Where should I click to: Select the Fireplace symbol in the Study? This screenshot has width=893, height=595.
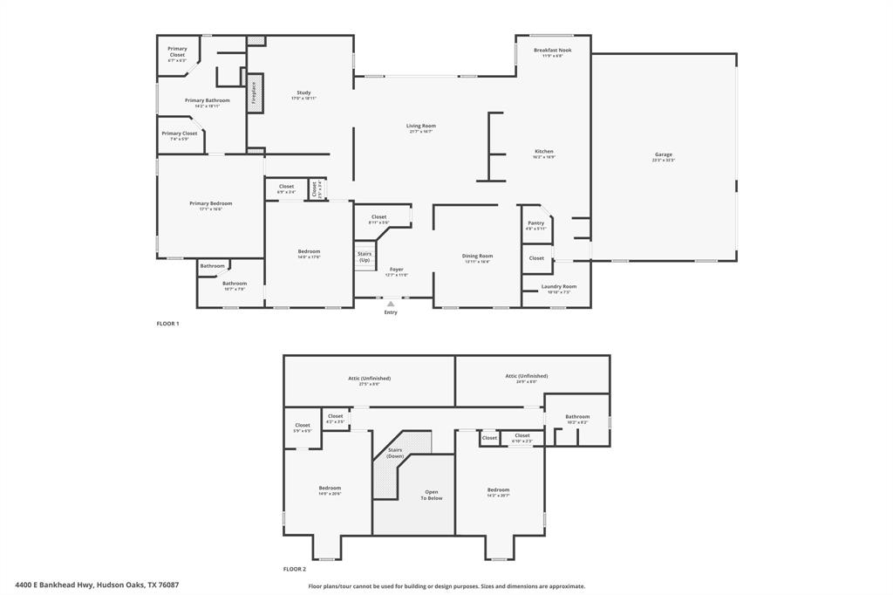pyautogui.click(x=255, y=93)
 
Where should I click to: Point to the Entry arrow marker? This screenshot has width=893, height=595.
pyautogui.click(x=391, y=304)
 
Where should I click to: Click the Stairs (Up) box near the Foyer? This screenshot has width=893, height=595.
pyautogui.click(x=365, y=256)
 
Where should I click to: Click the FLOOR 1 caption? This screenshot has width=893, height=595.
pyautogui.click(x=167, y=324)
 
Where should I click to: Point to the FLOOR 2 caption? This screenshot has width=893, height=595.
pyautogui.click(x=294, y=569)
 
